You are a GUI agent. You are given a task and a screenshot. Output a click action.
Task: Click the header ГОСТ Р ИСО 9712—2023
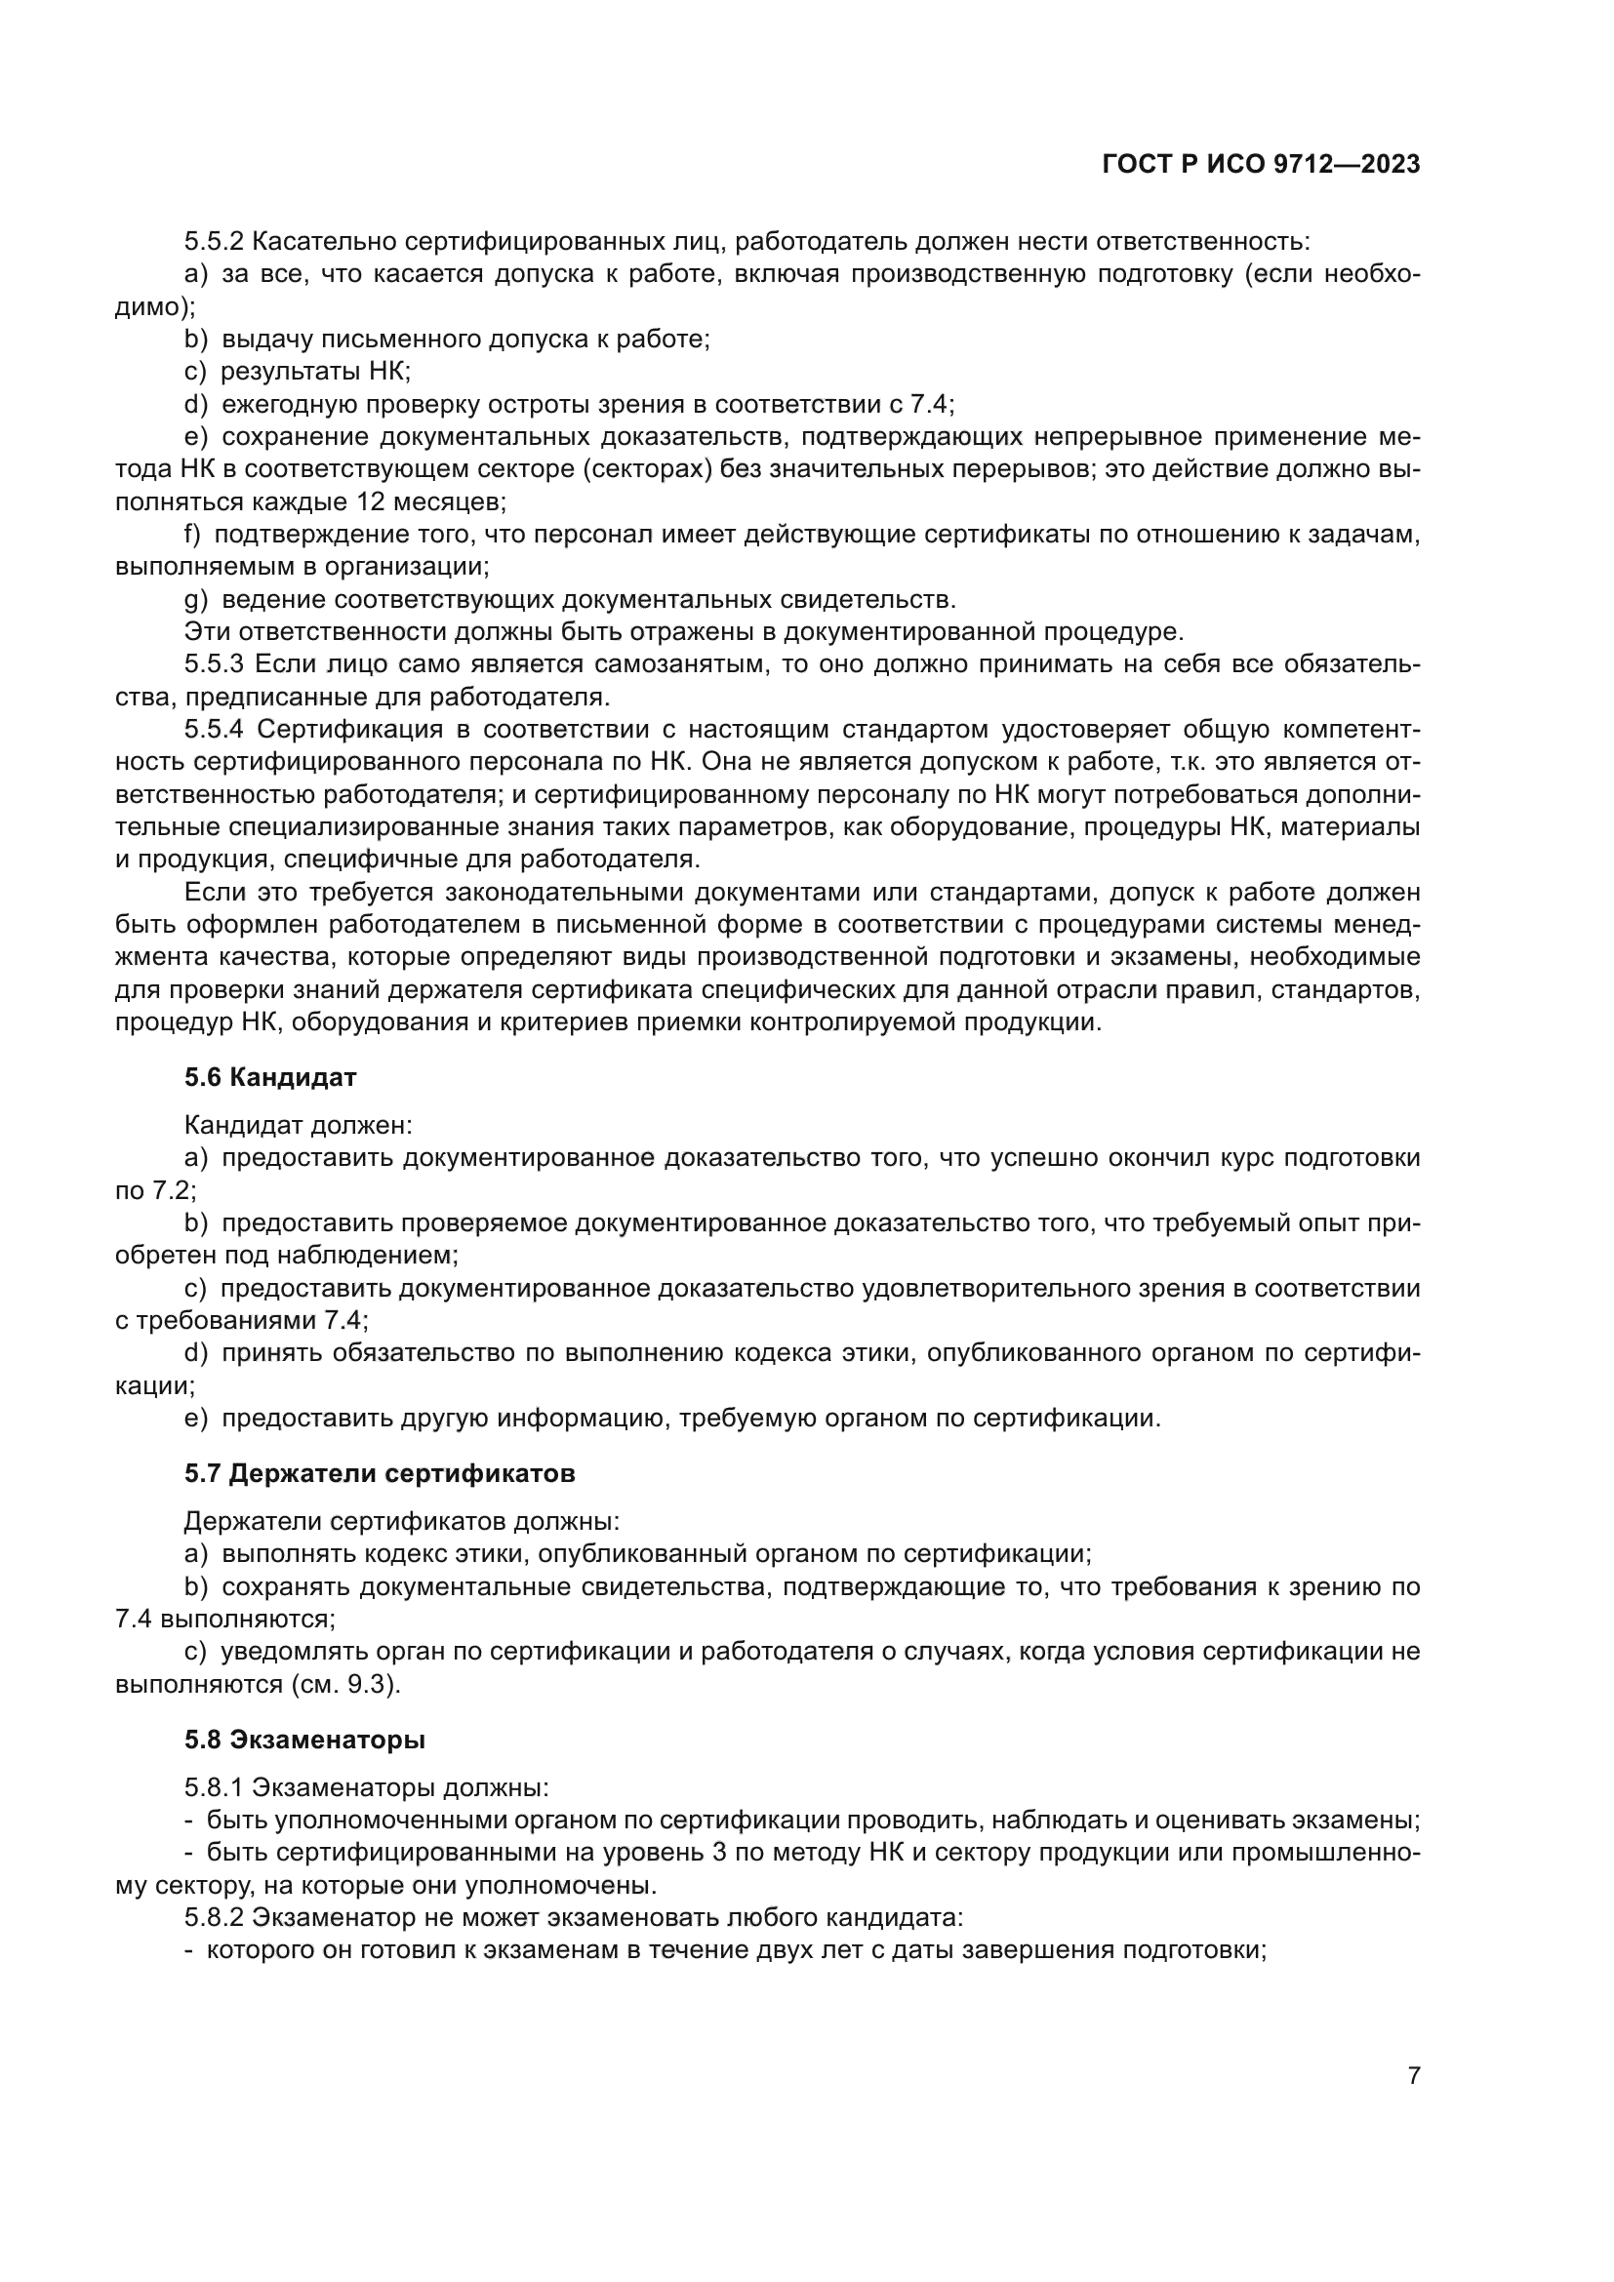point(1260,165)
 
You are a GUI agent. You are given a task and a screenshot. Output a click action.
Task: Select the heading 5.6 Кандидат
point(270,1076)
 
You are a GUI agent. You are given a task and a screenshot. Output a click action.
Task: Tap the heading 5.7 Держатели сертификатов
point(380,1473)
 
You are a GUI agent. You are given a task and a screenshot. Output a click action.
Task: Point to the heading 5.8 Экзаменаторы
point(305,1740)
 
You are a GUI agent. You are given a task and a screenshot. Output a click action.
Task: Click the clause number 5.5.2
point(214,242)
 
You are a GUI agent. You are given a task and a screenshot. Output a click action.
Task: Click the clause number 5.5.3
point(214,664)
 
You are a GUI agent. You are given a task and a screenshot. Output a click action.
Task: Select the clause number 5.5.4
point(214,730)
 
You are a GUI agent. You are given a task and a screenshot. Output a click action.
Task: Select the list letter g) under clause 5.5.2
point(196,599)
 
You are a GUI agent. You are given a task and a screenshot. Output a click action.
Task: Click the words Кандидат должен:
point(299,1125)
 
